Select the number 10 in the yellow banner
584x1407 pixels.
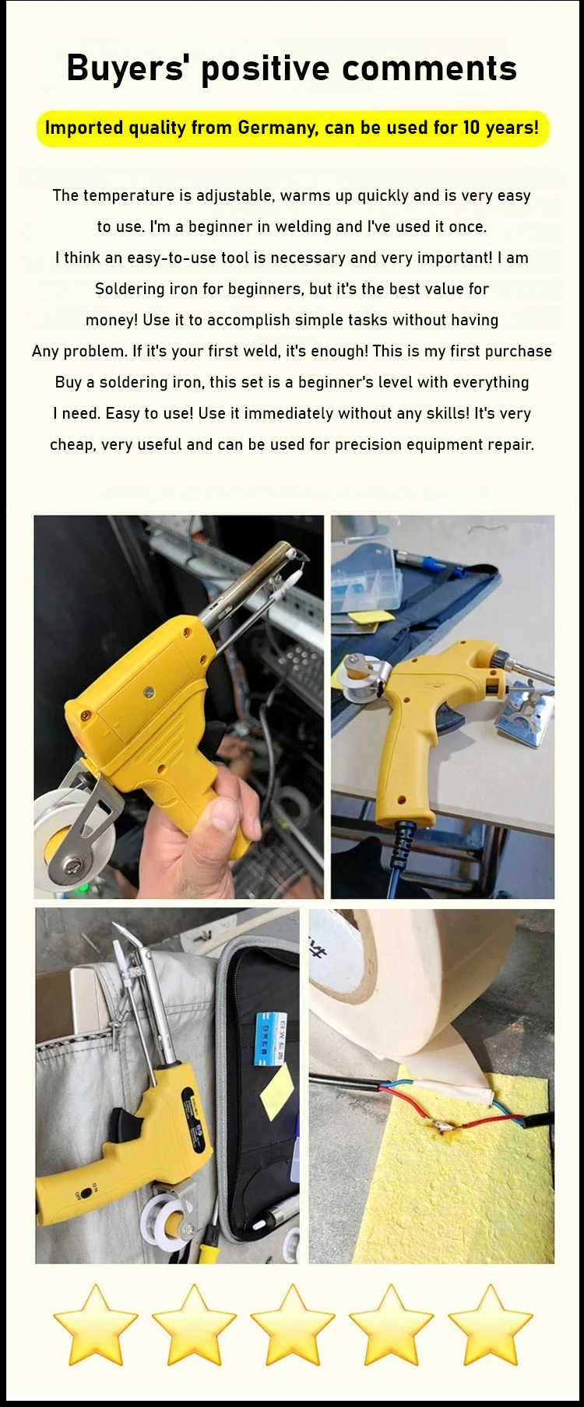click(x=471, y=128)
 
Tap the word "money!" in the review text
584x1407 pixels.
click(x=112, y=320)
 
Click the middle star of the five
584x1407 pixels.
click(x=292, y=1325)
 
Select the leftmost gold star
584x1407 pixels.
click(x=95, y=1325)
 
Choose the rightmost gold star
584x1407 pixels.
click(x=490, y=1325)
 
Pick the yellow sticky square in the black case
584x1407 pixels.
click(x=277, y=1090)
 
